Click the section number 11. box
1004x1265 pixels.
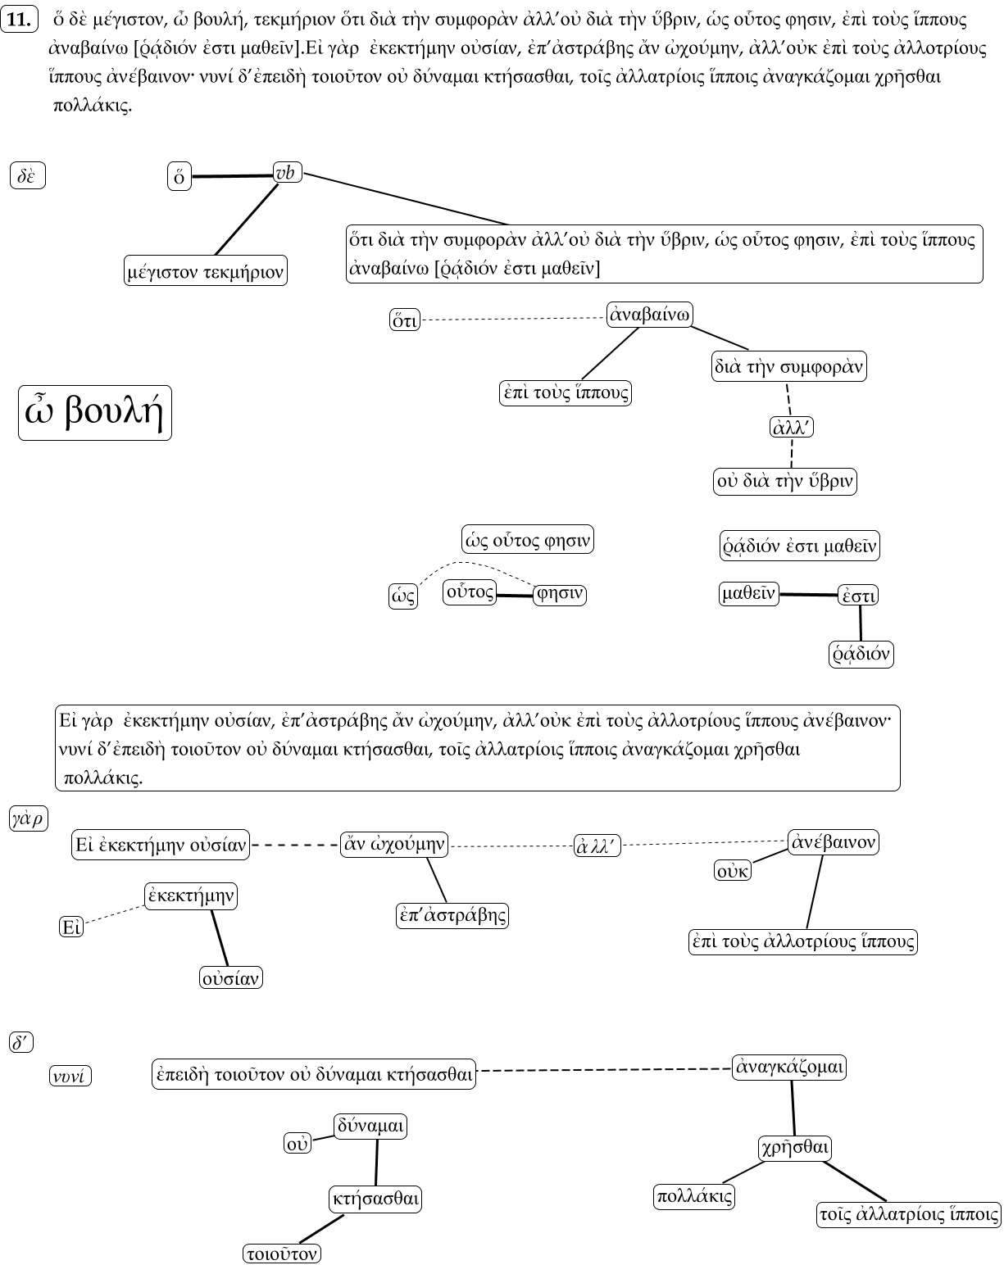pos(19,20)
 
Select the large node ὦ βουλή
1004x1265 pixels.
pos(95,413)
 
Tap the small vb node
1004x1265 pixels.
pos(287,173)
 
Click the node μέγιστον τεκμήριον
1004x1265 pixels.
pos(206,270)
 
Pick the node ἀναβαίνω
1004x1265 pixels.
pos(650,315)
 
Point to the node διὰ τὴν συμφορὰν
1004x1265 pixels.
pos(788,366)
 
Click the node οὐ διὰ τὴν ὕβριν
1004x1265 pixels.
pos(785,481)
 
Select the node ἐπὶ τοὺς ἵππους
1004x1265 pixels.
pos(566,392)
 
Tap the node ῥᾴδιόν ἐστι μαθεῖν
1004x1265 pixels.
pos(799,546)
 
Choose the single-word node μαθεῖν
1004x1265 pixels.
pos(748,593)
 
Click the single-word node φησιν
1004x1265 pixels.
pos(560,595)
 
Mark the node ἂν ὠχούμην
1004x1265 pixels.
pos(394,844)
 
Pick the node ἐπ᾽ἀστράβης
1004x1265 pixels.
pos(452,915)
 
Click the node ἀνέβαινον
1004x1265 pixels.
pos(833,841)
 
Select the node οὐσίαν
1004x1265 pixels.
pos(231,977)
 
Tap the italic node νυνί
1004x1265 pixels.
pos(70,1076)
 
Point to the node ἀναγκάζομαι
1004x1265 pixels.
pos(789,1068)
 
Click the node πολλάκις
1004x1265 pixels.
pos(694,1196)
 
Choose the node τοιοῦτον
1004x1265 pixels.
pos(282,1254)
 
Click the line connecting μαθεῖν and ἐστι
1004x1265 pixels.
pos(808,595)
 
